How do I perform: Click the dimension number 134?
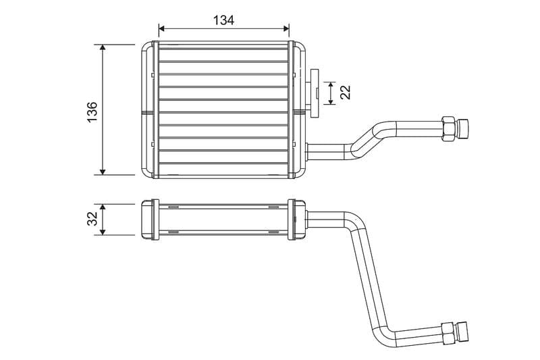coord(223,20)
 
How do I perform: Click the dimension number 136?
coord(92,111)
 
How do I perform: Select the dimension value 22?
coord(346,93)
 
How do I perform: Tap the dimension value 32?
coord(92,219)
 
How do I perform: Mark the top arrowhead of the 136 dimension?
coord(103,48)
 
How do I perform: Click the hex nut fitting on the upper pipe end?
coord(448,128)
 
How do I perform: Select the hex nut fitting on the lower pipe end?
coord(447,333)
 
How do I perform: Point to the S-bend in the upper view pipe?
coord(368,138)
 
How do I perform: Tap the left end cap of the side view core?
coord(148,219)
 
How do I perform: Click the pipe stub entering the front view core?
coord(324,150)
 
